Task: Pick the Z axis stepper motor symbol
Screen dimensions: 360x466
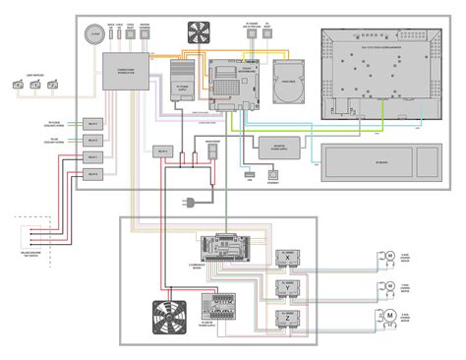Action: pyautogui.click(x=389, y=318)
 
